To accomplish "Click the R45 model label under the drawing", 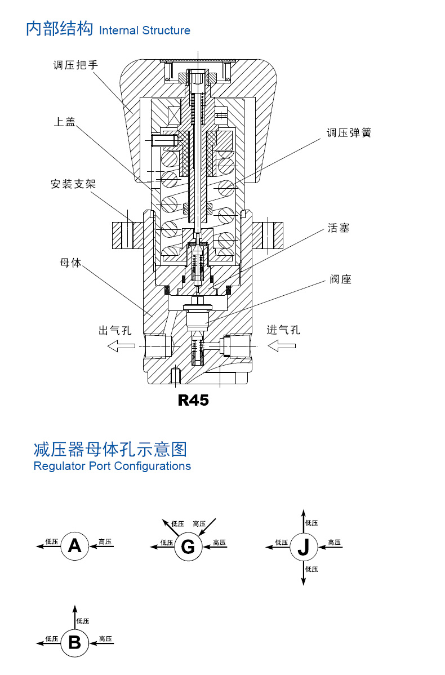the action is click(x=193, y=401).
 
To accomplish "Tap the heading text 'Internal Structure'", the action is click(x=145, y=30).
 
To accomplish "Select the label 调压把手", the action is click(x=75, y=65).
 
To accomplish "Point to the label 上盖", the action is click(x=65, y=122).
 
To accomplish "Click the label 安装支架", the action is click(x=73, y=184).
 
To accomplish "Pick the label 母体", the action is click(x=70, y=263).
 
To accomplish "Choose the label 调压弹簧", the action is click(x=349, y=132).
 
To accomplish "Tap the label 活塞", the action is click(x=339, y=228).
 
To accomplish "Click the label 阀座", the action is click(x=340, y=279).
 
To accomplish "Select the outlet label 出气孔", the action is click(x=115, y=330).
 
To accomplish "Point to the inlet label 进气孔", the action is click(x=283, y=330).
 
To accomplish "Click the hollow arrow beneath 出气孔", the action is click(x=121, y=346).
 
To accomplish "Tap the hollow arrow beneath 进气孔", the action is click(x=282, y=346).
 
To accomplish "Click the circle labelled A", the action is click(x=75, y=546).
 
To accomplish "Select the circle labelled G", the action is click(x=188, y=547).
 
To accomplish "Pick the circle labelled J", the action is click(x=304, y=547).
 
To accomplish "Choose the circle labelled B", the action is click(x=75, y=643).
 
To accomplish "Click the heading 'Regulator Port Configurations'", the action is click(x=112, y=466).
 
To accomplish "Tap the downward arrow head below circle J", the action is click(x=304, y=581).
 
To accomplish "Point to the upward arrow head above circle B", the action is click(x=75, y=609).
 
